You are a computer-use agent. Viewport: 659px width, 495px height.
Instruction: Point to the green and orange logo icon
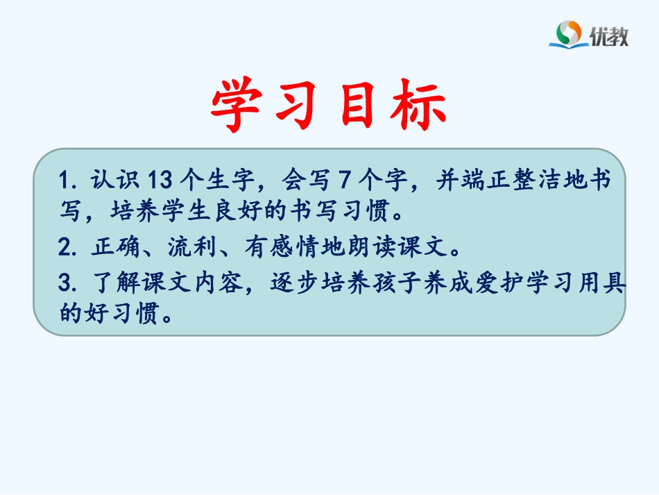click(570, 33)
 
